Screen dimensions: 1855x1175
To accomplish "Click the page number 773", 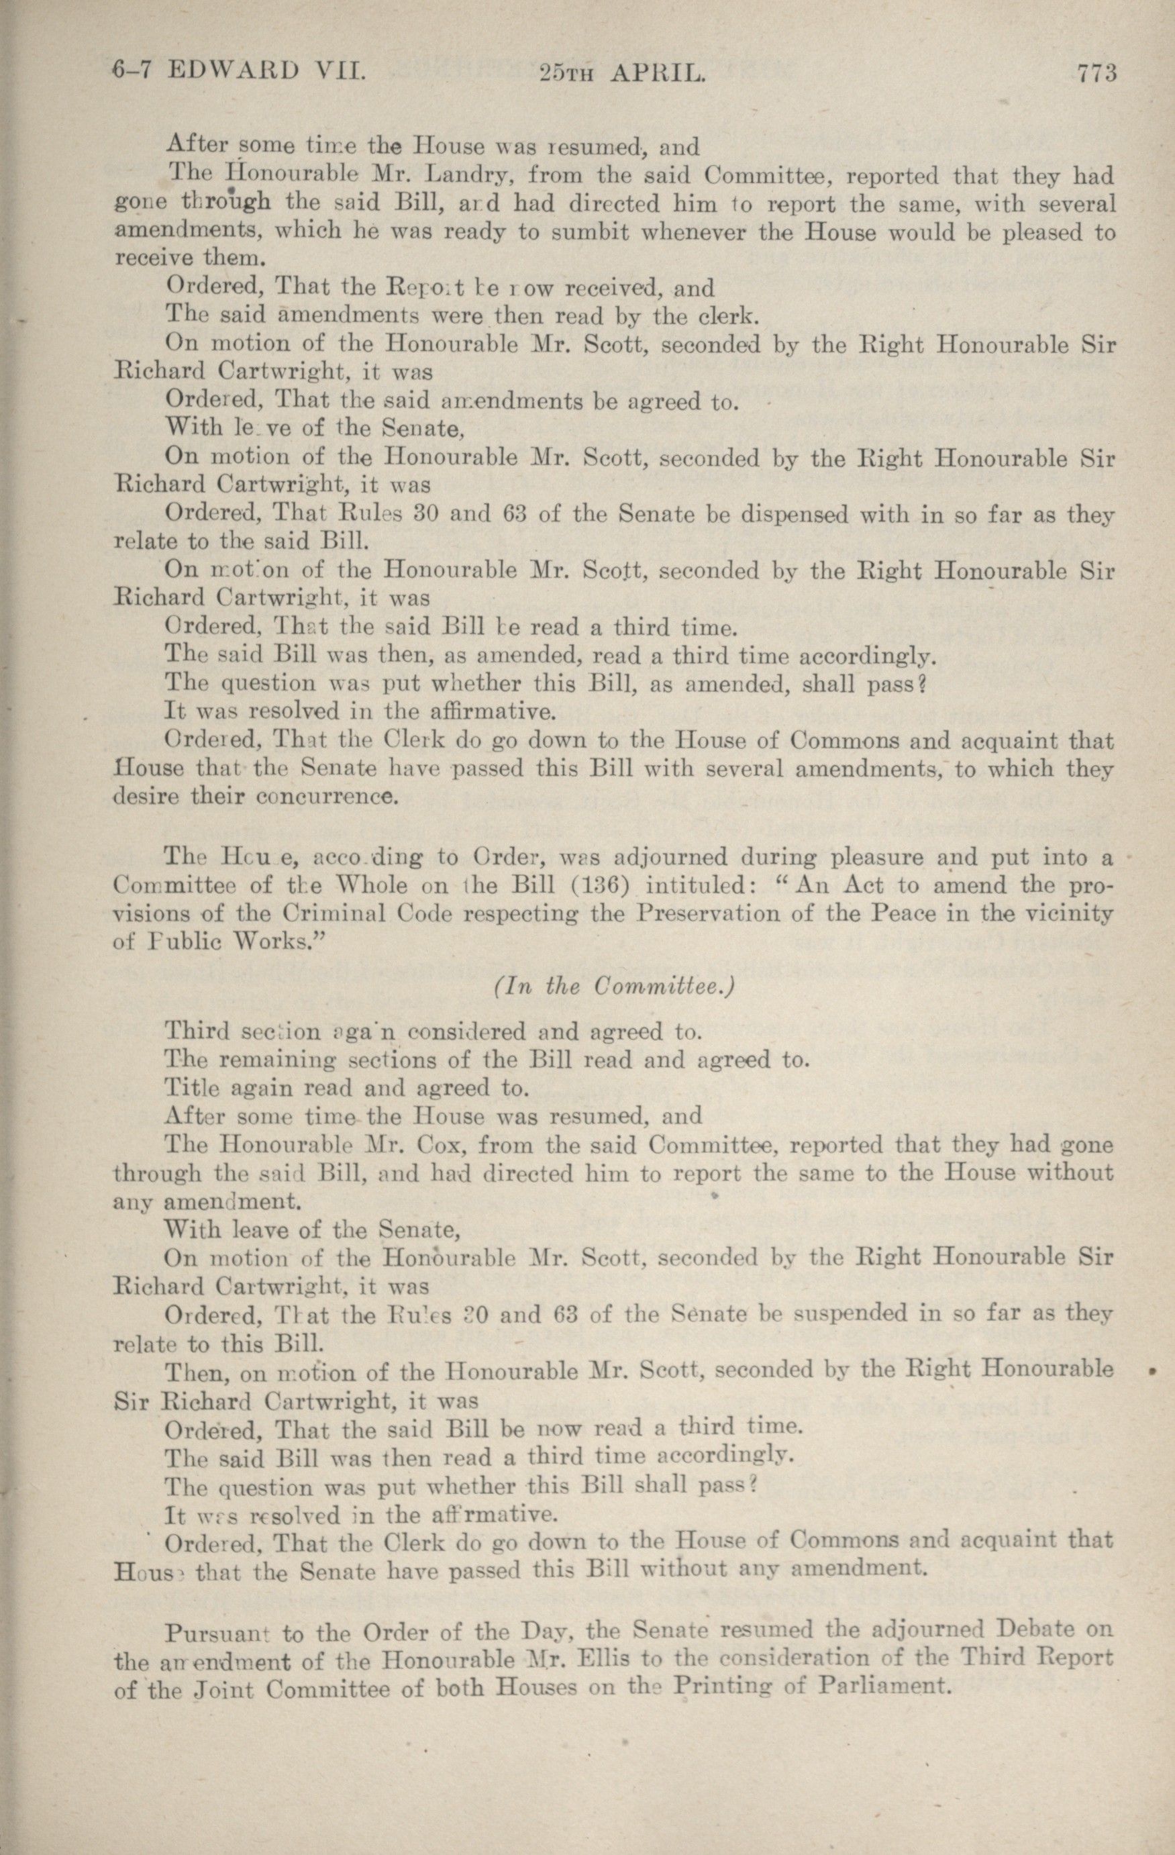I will [1096, 73].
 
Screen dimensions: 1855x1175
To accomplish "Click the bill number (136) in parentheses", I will [609, 885].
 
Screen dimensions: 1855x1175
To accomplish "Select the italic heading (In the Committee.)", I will [613, 987].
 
